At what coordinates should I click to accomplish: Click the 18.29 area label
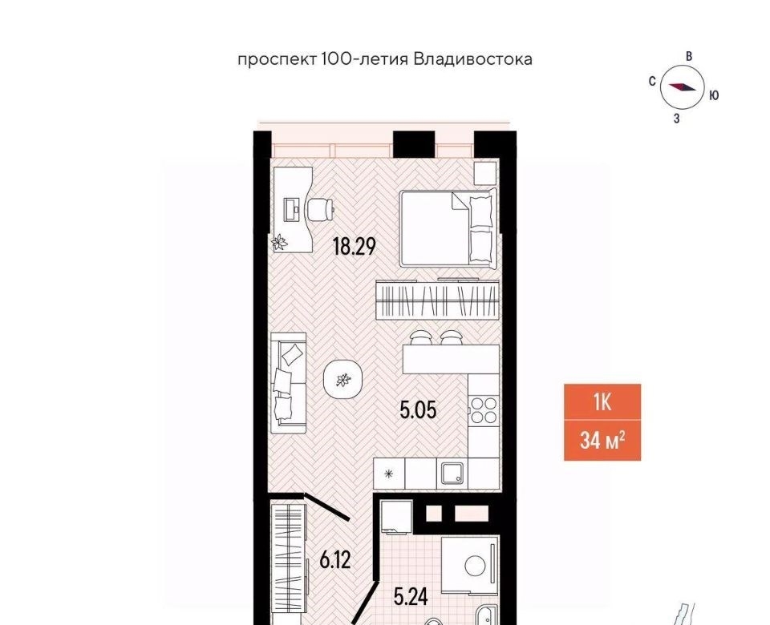[x=354, y=246]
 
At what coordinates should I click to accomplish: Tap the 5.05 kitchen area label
[x=418, y=409]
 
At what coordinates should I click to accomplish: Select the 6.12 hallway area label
[x=335, y=559]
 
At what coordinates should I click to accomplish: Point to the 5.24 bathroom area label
[x=411, y=596]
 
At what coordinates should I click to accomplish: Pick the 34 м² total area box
[x=602, y=441]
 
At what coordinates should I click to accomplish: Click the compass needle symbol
[x=682, y=87]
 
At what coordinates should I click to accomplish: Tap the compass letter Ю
[x=714, y=95]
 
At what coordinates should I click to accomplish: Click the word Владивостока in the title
[x=473, y=60]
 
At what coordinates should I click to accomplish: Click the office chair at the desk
[x=320, y=210]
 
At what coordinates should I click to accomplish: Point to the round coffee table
[x=344, y=379]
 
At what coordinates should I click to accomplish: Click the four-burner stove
[x=483, y=410]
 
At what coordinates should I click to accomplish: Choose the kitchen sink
[x=452, y=473]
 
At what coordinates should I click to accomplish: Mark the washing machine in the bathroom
[x=470, y=565]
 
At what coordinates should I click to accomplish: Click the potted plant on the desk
[x=281, y=242]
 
